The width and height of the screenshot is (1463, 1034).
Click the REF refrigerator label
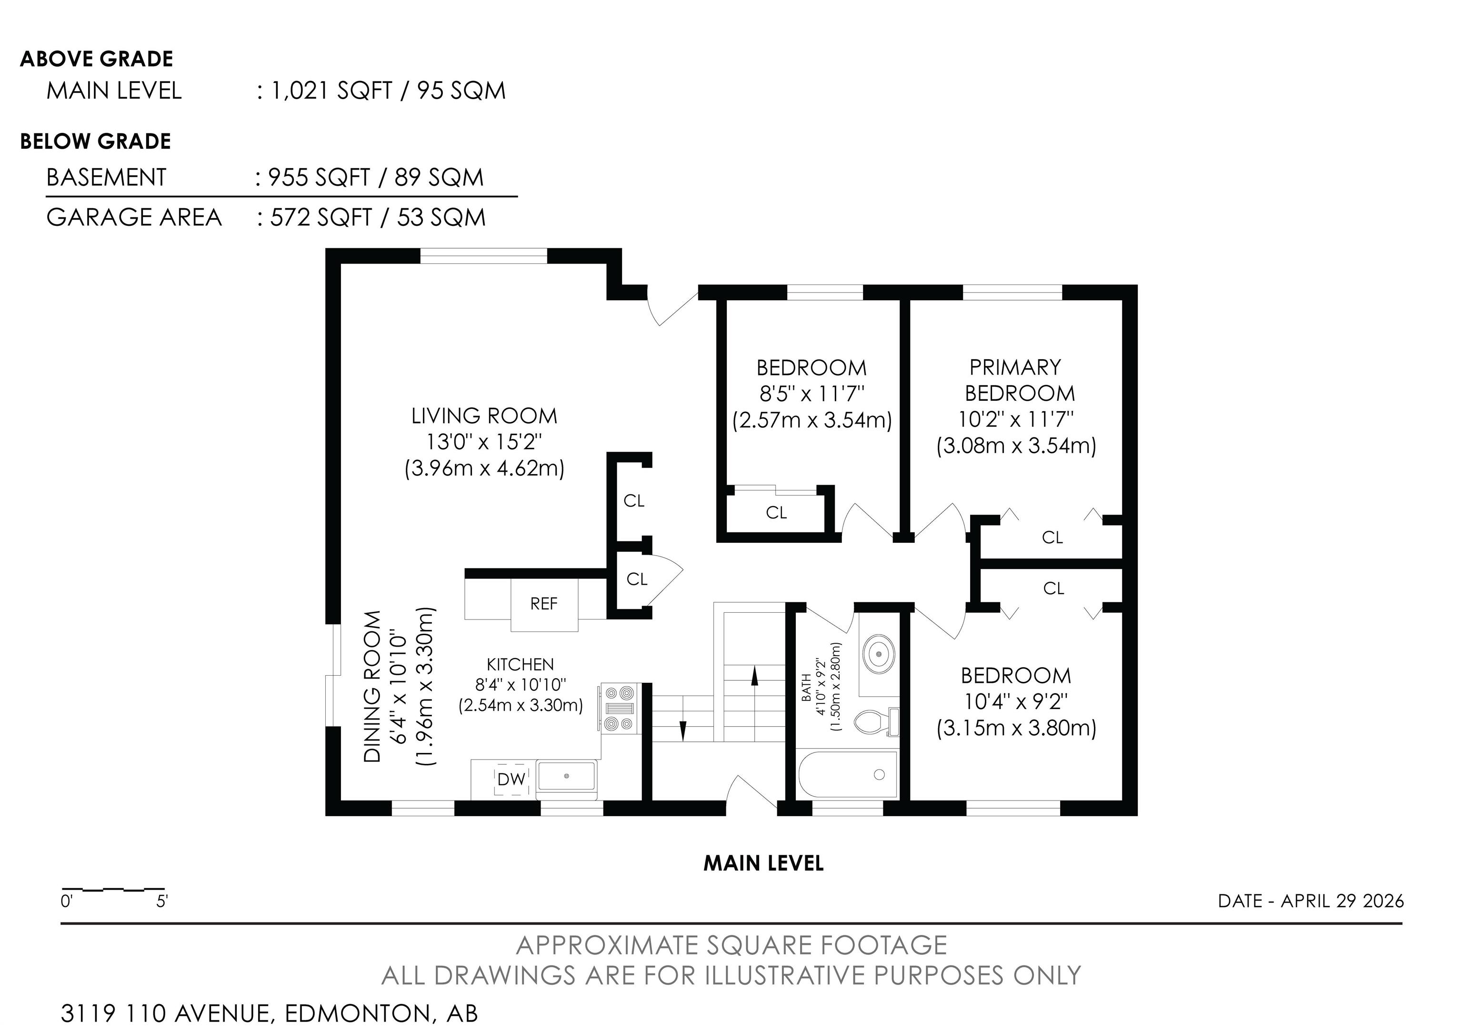point(543,604)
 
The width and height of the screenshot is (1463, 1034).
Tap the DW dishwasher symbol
point(511,779)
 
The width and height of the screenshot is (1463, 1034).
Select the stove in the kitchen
point(618,708)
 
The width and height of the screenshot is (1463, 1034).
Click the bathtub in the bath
point(848,774)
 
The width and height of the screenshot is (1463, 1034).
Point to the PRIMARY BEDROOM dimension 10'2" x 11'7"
point(1016,419)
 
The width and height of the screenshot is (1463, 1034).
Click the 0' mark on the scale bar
point(66,902)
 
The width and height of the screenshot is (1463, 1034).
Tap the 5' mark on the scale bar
point(162,902)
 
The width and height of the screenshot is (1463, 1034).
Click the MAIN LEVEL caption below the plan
point(763,863)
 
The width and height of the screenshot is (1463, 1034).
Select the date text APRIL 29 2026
point(1342,901)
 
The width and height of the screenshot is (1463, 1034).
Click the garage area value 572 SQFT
point(321,217)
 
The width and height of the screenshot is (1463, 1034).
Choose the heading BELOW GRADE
point(96,141)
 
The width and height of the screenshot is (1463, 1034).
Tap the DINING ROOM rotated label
point(372,687)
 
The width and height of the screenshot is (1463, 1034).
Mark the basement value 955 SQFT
point(319,177)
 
